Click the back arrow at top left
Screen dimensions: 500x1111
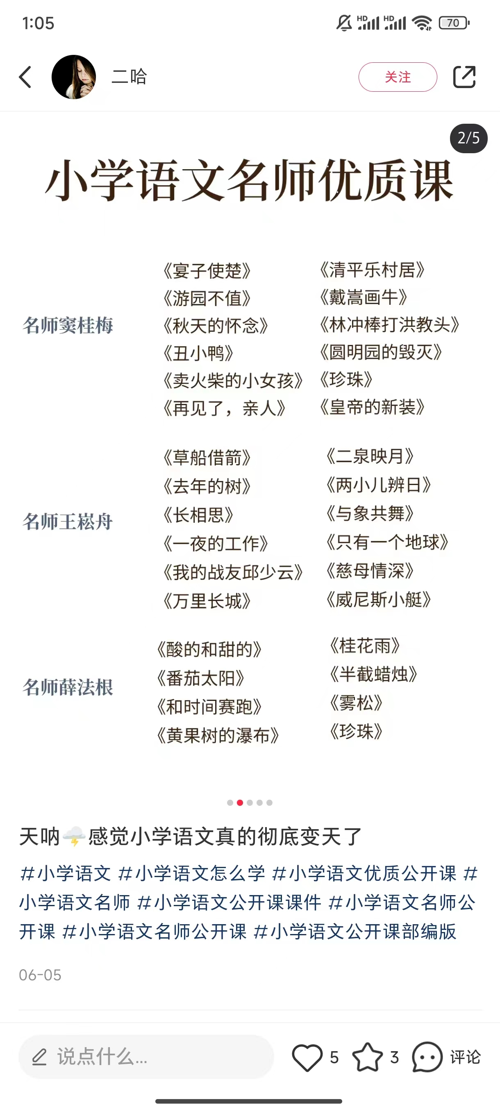click(25, 77)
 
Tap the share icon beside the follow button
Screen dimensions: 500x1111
click(464, 77)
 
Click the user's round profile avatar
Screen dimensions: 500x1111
click(74, 77)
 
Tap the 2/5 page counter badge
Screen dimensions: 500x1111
click(468, 138)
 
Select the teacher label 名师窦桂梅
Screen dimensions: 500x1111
click(68, 325)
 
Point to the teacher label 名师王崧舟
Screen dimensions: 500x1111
click(68, 521)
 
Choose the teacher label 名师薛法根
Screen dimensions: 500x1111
click(68, 687)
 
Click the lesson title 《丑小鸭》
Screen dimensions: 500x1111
click(198, 353)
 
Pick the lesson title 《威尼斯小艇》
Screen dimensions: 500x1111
click(379, 599)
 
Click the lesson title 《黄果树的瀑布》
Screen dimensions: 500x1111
click(218, 735)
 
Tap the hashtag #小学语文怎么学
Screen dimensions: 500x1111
click(191, 873)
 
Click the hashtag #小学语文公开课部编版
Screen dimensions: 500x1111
click(355, 931)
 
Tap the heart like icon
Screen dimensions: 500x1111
click(307, 1057)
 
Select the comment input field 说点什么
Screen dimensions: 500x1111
click(146, 1057)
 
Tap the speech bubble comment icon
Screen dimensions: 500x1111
click(427, 1057)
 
